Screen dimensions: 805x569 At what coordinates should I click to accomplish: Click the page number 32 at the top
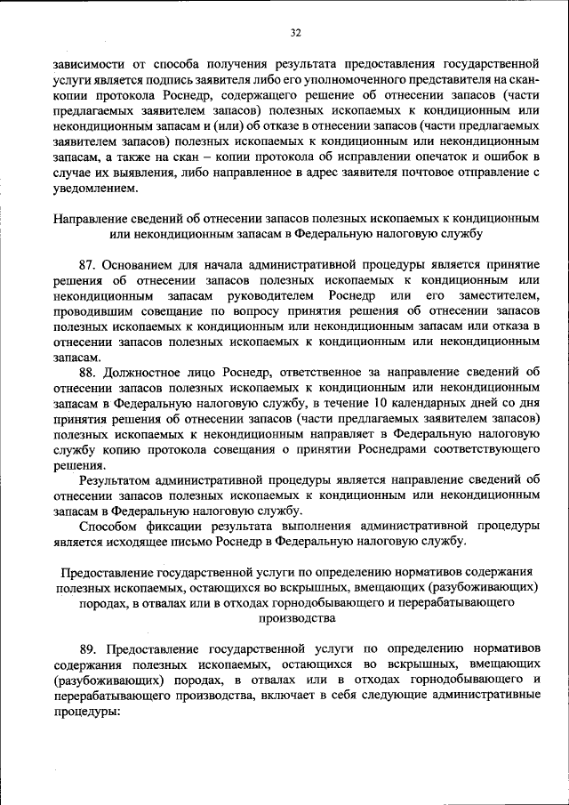tap(296, 33)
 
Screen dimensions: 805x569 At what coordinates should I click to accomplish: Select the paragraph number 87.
tap(86, 264)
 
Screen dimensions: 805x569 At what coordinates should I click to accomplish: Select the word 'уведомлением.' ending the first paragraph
tap(95, 189)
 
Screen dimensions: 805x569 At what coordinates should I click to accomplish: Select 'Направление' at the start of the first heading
tap(90, 218)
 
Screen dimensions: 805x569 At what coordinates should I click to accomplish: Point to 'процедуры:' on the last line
tap(85, 712)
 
